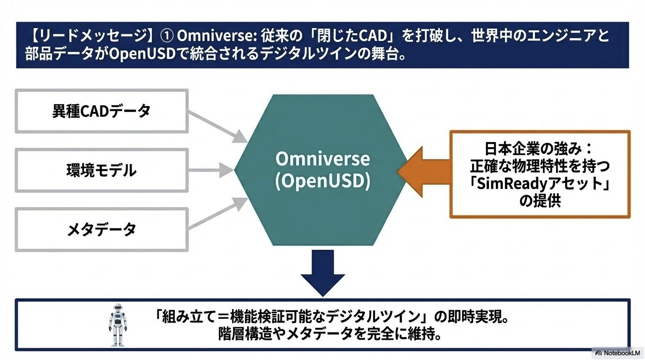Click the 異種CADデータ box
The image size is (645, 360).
click(x=102, y=111)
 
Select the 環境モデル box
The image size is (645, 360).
click(x=102, y=170)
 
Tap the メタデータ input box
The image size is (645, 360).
click(x=102, y=230)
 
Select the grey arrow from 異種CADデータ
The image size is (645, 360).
click(x=218, y=125)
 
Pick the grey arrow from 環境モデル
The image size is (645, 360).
click(x=211, y=170)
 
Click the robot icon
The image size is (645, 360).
click(x=118, y=324)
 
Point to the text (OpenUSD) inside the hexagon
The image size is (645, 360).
click(x=322, y=181)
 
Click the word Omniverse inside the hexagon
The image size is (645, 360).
click(x=322, y=159)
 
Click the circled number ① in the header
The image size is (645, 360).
click(x=167, y=37)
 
